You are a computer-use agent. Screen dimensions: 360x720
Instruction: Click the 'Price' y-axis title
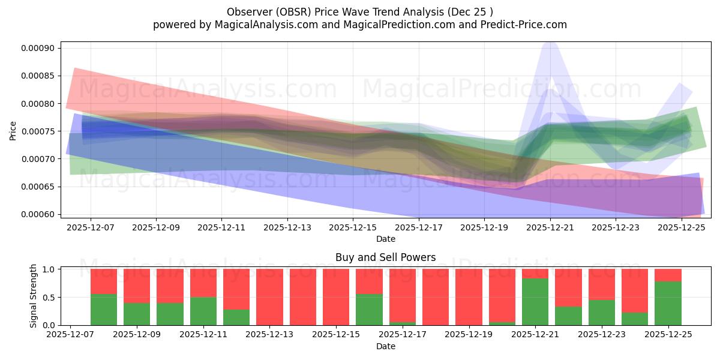tap(13, 130)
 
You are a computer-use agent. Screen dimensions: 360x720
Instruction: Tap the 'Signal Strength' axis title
tap(34, 296)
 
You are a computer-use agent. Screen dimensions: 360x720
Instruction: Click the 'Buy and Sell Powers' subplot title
tap(385, 257)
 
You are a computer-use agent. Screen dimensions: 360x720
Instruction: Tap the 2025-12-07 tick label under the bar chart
tap(71, 335)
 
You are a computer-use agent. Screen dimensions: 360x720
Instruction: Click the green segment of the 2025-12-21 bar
tap(535, 302)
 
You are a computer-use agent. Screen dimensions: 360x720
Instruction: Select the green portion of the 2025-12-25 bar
tap(667, 303)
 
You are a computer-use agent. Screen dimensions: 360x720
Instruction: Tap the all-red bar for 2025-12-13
tap(269, 297)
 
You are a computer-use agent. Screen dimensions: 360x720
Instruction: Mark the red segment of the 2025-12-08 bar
tap(104, 281)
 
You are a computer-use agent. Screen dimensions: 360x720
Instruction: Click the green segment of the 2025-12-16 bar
tap(369, 310)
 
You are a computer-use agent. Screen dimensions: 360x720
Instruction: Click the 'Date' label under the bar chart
tap(385, 346)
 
